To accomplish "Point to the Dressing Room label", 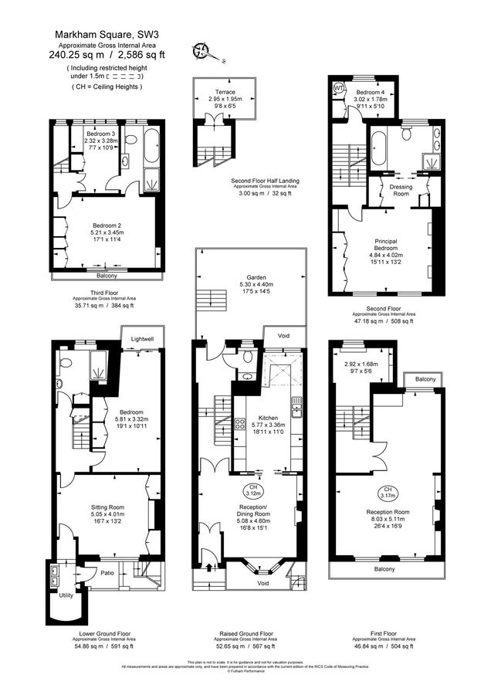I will coord(400,191).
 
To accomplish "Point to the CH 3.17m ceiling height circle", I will coord(384,493).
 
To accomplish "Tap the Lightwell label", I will coord(142,338).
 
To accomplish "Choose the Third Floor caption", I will coord(103,293).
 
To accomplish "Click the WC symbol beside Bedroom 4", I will coord(338,88).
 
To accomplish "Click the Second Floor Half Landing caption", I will coord(265,181).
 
